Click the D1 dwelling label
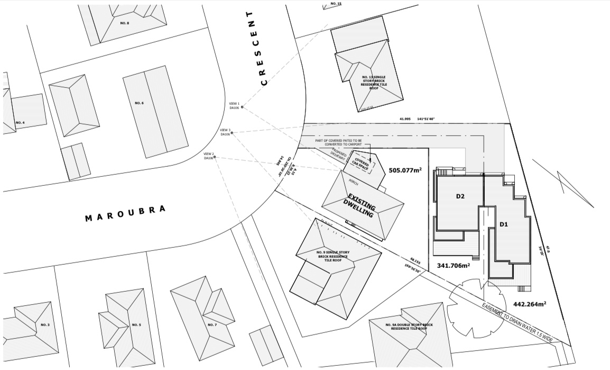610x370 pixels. (x=504, y=224)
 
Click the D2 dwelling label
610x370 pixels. (x=460, y=196)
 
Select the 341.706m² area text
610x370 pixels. (x=454, y=265)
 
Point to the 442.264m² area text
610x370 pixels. (x=529, y=304)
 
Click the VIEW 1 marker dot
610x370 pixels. (x=242, y=107)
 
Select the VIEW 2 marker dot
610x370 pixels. (x=216, y=158)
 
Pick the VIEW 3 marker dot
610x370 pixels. (x=232, y=133)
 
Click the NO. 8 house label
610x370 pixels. (x=125, y=23)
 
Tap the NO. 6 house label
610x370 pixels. (x=139, y=103)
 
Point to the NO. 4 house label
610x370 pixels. (x=20, y=123)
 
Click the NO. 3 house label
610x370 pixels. (x=45, y=324)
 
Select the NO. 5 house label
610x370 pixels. (x=136, y=324)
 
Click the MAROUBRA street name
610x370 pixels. (x=126, y=213)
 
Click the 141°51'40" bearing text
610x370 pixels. (x=426, y=119)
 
